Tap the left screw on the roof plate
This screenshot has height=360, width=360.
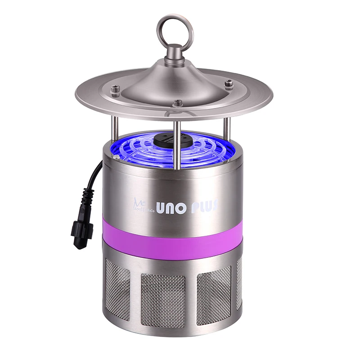116,89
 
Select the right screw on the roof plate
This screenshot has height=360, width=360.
229,84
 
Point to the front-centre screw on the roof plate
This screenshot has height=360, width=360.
178,103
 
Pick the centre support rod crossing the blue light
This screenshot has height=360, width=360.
178,144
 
